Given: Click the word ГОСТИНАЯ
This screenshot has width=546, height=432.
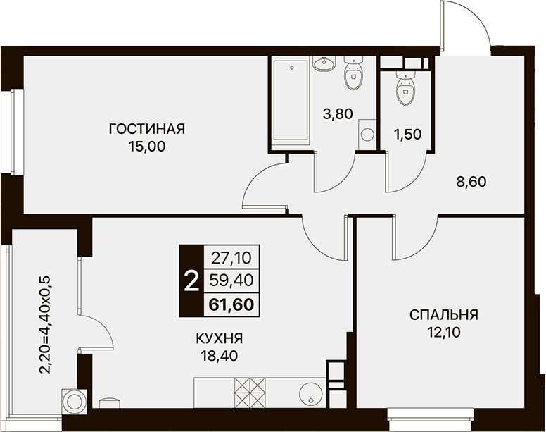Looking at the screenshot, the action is pyautogui.click(x=147, y=129).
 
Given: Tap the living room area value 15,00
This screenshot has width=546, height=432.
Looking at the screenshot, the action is pyautogui.click(x=147, y=147).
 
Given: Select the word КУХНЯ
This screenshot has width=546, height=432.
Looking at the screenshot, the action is pyautogui.click(x=219, y=338).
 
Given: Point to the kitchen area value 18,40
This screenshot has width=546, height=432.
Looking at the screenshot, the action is pyautogui.click(x=219, y=356).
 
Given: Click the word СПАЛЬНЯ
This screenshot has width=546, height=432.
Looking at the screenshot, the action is pyautogui.click(x=444, y=315).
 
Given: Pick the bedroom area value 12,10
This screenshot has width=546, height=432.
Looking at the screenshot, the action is pyautogui.click(x=444, y=333).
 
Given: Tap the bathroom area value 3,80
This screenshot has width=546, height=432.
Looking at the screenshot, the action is pyautogui.click(x=338, y=113).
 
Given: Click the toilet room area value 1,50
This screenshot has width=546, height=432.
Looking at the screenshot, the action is pyautogui.click(x=407, y=134).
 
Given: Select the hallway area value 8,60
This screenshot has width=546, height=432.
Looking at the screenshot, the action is pyautogui.click(x=471, y=182).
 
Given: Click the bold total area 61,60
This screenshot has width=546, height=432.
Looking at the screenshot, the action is pyautogui.click(x=231, y=304).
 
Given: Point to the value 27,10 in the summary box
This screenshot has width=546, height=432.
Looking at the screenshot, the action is pyautogui.click(x=231, y=258).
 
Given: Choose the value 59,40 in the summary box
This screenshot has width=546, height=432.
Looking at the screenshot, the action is pyautogui.click(x=231, y=280).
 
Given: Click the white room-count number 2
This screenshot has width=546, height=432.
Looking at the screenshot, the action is pyautogui.click(x=191, y=281).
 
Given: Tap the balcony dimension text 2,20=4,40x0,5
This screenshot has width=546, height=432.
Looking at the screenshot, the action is pyautogui.click(x=45, y=325).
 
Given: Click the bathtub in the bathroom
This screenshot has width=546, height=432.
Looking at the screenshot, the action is pyautogui.click(x=291, y=104).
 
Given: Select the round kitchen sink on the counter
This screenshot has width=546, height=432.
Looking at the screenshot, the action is pyautogui.click(x=310, y=393).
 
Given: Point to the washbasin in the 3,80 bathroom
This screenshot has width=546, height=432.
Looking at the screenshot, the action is pyautogui.click(x=324, y=64).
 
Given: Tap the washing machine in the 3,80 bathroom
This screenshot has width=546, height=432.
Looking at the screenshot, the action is pyautogui.click(x=367, y=133).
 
